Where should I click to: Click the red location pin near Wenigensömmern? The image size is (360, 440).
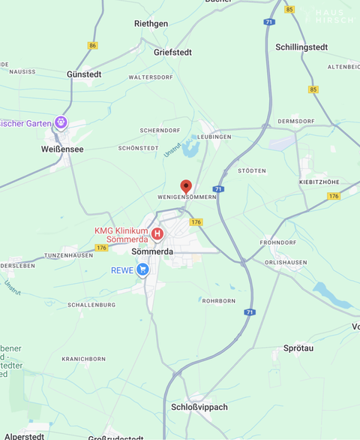[x=186, y=186]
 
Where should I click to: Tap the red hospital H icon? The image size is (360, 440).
[x=157, y=234]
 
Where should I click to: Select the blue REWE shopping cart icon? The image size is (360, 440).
[x=142, y=270]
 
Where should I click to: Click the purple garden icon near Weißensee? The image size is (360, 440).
[x=61, y=122]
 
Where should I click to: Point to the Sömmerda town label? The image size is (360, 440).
[x=152, y=252]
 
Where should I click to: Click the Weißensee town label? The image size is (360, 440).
[x=62, y=149]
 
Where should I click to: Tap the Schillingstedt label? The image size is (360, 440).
[x=301, y=47]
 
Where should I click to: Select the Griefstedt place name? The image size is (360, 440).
[x=173, y=53]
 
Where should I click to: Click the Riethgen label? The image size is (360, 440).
[x=151, y=24]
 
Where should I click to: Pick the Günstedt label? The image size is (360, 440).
[x=84, y=74]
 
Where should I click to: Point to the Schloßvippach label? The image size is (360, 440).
[x=199, y=408]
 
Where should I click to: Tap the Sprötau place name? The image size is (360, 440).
[x=299, y=348]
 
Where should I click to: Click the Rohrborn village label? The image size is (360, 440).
[x=218, y=301]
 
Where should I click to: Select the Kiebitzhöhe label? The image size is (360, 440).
[x=319, y=182]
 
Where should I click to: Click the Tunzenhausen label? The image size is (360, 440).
[x=68, y=255]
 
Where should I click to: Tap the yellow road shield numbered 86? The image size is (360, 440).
[x=92, y=46]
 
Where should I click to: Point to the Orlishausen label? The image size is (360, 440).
[x=286, y=263]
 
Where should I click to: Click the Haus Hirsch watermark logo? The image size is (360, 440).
[x=333, y=17]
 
